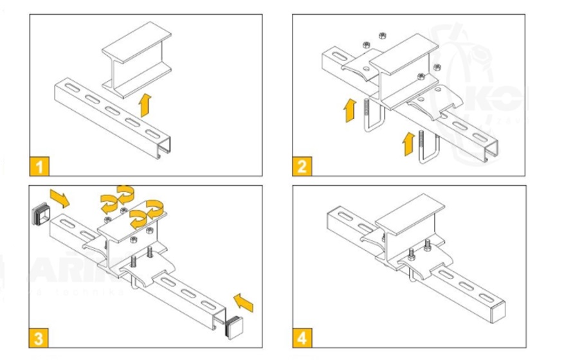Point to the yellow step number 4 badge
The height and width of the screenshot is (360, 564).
click(x=302, y=336)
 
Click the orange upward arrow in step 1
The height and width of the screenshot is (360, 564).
click(x=145, y=103)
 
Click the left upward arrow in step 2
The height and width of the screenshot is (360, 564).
click(x=349, y=110)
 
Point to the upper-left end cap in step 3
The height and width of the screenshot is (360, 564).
click(x=41, y=216)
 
